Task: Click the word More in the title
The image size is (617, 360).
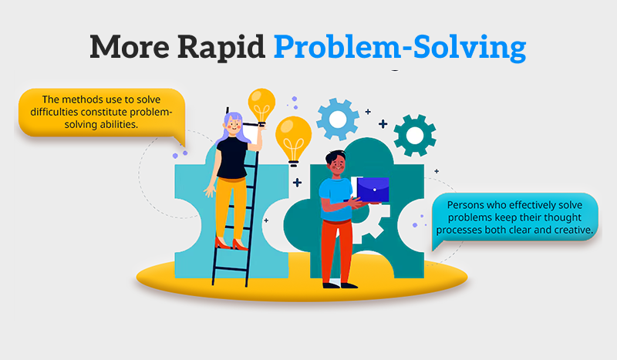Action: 126,48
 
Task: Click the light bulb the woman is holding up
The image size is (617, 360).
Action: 261,103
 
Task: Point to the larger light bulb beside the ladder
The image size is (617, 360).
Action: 293,137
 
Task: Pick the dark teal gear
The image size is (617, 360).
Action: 414,135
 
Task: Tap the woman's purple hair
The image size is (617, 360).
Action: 231,128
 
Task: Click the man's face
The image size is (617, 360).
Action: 336,165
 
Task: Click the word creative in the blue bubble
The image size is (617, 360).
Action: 568,230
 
